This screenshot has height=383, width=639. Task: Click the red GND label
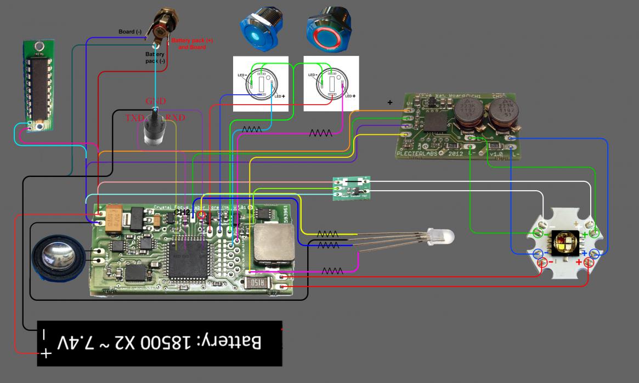(155, 101)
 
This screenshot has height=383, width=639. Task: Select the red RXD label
(176, 118)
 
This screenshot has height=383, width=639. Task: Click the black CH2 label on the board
(182, 212)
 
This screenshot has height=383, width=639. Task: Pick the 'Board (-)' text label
(130, 32)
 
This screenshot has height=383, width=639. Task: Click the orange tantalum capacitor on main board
(116, 219)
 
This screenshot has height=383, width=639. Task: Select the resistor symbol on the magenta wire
(320, 133)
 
